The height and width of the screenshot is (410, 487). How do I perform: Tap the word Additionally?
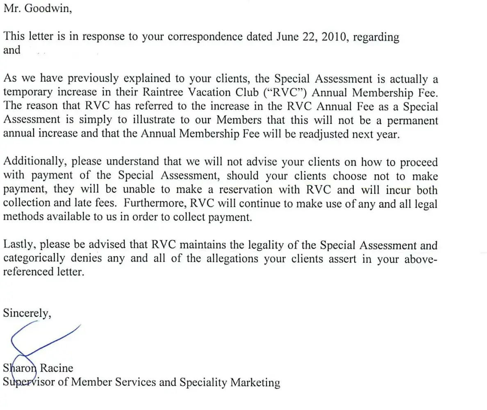(34, 162)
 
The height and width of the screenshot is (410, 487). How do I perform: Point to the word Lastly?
(20, 245)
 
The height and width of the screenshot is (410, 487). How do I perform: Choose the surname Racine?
(56, 368)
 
